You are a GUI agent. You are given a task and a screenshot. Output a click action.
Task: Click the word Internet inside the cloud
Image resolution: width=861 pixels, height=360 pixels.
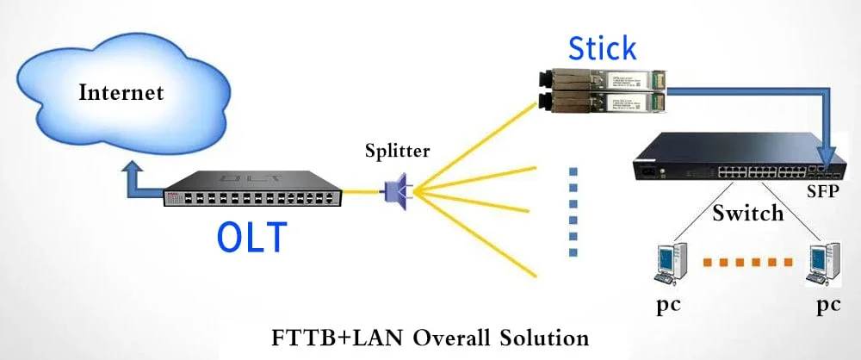[x=121, y=92]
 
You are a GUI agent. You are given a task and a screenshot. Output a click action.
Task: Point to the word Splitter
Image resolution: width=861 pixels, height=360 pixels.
[x=397, y=152]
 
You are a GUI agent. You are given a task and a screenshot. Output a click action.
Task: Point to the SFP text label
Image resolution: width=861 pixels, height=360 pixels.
[x=824, y=189]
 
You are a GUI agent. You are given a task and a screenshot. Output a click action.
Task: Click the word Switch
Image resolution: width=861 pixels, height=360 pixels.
[x=747, y=212]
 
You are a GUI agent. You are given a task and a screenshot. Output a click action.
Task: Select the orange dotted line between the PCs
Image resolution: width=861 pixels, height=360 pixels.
[x=746, y=261]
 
